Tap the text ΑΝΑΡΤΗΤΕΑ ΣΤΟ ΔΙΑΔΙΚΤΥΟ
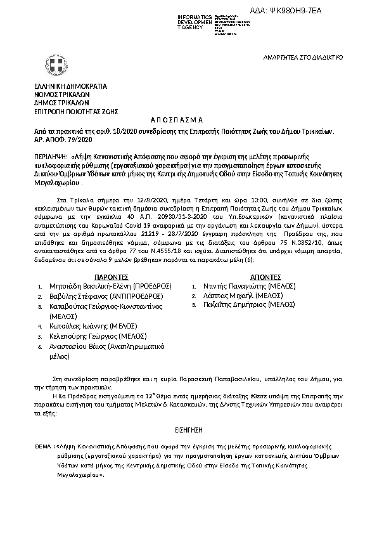click(x=303, y=57)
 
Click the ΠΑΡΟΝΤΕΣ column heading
click(x=112, y=277)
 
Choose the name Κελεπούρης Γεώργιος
click(x=86, y=335)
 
